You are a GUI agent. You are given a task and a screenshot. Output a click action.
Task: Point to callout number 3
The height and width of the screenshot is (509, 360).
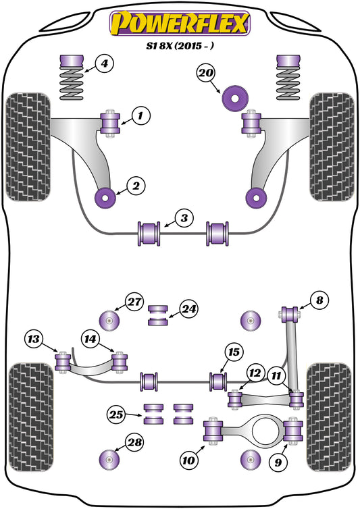pyautogui.click(x=183, y=218)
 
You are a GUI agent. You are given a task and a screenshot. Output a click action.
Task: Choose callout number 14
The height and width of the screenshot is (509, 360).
pyautogui.click(x=91, y=337)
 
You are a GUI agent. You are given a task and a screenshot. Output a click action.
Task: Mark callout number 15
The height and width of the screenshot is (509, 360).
pyautogui.click(x=234, y=352)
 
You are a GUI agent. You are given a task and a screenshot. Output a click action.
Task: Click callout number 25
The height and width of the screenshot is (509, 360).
pyautogui.click(x=116, y=414)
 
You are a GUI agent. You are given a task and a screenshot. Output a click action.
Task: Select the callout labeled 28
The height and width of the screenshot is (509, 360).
pyautogui.click(x=135, y=444)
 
